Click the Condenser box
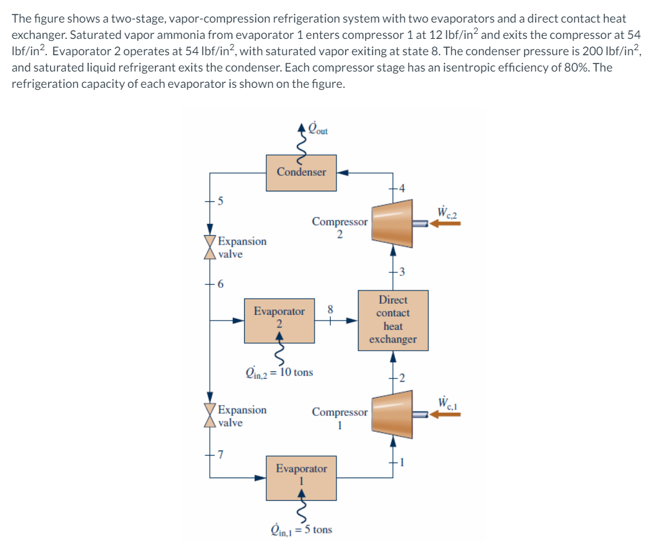(x=301, y=172)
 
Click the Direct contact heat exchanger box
(x=393, y=320)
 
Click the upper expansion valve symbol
(x=210, y=247)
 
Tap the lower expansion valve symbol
(x=210, y=416)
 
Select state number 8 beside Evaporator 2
(x=330, y=309)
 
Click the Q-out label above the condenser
(x=318, y=130)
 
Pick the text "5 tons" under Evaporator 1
(x=319, y=530)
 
